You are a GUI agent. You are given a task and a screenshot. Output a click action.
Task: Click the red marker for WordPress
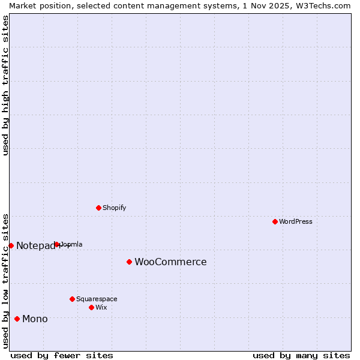275,221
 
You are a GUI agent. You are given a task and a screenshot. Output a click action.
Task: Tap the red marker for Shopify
98,208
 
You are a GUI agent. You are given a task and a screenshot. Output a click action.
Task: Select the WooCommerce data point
129,262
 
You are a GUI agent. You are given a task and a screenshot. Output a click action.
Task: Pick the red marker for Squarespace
72,299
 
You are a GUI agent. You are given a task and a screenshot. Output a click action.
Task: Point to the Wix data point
91,307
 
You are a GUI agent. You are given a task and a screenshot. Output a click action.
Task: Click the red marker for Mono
17,319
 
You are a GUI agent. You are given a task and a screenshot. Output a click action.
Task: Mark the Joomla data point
57,244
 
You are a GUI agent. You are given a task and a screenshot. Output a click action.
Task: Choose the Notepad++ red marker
11,245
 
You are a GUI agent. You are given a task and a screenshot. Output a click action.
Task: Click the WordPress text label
296,222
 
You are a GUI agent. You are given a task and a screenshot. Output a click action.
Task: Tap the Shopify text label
114,208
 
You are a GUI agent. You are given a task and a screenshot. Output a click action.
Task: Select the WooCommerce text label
170,262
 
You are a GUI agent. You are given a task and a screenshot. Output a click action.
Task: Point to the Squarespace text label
97,299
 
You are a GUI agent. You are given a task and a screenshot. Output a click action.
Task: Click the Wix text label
101,308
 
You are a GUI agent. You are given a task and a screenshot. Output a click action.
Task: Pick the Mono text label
35,319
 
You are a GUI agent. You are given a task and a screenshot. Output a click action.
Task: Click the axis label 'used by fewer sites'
62,355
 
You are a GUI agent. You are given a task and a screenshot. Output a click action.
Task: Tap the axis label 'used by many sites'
301,355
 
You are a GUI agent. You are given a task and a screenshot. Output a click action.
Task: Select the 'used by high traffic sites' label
6,85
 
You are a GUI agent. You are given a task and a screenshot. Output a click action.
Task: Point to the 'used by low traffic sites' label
6,280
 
